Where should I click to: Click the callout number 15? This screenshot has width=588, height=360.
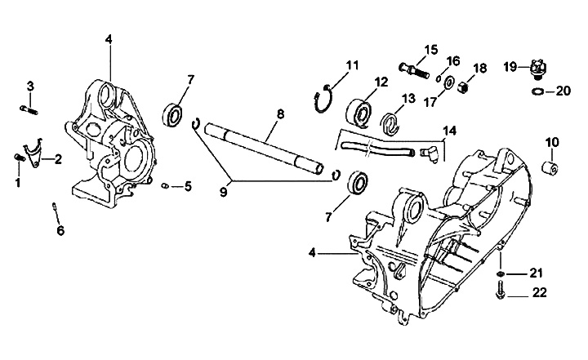[431, 50]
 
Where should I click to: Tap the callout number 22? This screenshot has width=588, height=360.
[539, 292]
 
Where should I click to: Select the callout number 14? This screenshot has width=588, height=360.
[450, 131]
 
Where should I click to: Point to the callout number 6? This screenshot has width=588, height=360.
[60, 230]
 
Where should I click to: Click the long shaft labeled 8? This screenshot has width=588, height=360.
[264, 148]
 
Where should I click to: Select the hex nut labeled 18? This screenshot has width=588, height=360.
[463, 88]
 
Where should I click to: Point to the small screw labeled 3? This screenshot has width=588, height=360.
[29, 110]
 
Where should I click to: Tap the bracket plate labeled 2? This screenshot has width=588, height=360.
[32, 153]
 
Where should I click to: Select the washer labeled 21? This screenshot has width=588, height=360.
[500, 274]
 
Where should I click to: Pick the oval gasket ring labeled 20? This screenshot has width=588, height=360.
[537, 91]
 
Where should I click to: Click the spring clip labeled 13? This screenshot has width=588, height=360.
[390, 124]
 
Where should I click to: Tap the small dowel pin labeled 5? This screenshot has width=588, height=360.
[165, 185]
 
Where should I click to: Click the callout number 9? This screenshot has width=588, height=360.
[224, 192]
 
